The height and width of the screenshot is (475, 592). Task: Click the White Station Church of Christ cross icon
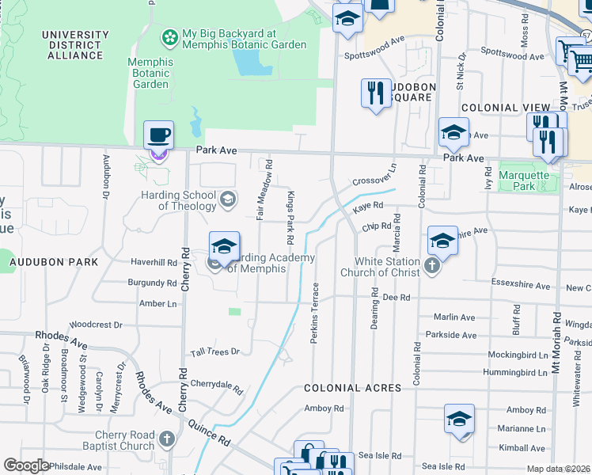tap(433, 266)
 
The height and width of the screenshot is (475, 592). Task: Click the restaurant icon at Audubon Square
tap(375, 93)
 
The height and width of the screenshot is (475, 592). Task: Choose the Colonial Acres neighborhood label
tap(352, 388)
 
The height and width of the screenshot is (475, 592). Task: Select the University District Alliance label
tap(75, 45)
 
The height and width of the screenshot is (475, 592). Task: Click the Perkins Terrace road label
tap(315, 312)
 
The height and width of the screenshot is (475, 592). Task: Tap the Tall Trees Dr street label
tap(214, 351)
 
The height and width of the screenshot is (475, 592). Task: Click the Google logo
tap(26, 465)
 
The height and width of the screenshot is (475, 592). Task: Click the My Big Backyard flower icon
tap(169, 36)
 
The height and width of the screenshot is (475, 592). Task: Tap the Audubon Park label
tap(53, 261)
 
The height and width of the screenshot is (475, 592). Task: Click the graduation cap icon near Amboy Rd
tap(459, 420)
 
